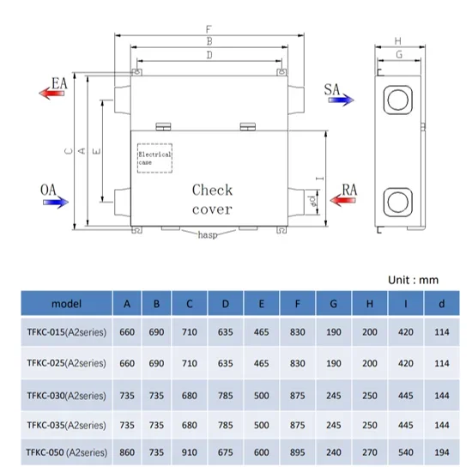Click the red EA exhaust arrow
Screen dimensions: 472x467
pyautogui.click(x=51, y=93)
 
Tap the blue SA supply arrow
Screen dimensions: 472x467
pyautogui.click(x=341, y=100)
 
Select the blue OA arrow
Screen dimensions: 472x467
pyautogui.click(x=56, y=202)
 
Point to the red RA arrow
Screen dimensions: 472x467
pyautogui.click(x=343, y=200)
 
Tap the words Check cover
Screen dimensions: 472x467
pyautogui.click(x=212, y=199)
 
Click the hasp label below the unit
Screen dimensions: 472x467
pyautogui.click(x=208, y=234)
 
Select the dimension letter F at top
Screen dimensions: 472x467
pyautogui.click(x=209, y=29)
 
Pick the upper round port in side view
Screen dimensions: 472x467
pyautogui.click(x=398, y=100)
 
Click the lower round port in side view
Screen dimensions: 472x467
pyautogui.click(x=398, y=202)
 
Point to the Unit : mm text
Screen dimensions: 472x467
pyautogui.click(x=413, y=280)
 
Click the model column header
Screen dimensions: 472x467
pyautogui.click(x=67, y=304)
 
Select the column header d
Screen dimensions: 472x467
pyautogui.click(x=442, y=304)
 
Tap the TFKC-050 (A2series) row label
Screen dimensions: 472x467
pyautogui.click(x=67, y=452)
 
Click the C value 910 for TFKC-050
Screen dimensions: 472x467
pyautogui.click(x=190, y=452)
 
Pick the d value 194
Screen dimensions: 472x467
pyautogui.click(x=442, y=452)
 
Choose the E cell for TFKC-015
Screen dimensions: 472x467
pyautogui.click(x=261, y=332)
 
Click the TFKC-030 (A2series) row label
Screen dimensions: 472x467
pyautogui.click(x=67, y=396)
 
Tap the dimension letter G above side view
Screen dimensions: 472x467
pyautogui.click(x=399, y=54)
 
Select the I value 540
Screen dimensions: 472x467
pyautogui.click(x=405, y=452)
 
